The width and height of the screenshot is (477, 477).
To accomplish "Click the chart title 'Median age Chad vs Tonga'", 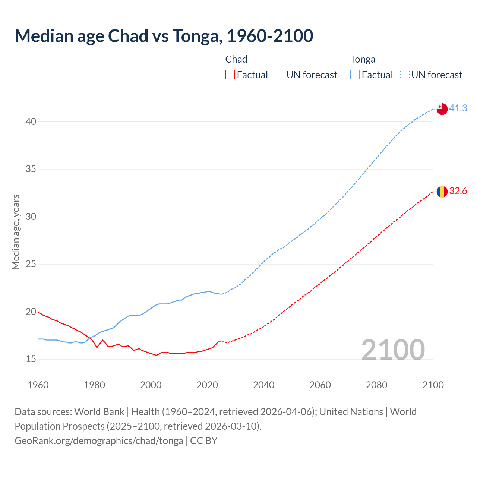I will (164, 36).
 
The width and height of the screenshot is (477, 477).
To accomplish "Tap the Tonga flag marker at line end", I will (442, 109).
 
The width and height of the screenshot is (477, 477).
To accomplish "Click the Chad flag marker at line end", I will (442, 192).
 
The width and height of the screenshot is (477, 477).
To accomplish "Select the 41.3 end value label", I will (458, 108).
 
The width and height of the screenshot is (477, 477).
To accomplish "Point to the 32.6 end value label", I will (458, 191).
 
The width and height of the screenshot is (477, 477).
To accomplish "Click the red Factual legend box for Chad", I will (230, 75).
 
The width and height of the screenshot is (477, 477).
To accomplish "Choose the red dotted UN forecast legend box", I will (279, 75).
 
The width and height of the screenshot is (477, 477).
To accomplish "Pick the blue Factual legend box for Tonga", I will (355, 75).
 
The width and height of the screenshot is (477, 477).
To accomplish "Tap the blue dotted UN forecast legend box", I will (404, 75).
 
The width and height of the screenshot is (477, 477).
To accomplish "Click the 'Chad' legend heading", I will (236, 59).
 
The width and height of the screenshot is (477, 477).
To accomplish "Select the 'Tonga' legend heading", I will (363, 59).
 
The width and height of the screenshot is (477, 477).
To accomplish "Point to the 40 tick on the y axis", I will (31, 122).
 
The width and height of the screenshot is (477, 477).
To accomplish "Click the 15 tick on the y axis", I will (31, 359).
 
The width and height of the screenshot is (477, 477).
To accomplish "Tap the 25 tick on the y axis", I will (31, 264).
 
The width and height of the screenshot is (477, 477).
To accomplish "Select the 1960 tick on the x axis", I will (38, 385).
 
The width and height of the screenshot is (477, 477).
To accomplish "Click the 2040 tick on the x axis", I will (263, 385).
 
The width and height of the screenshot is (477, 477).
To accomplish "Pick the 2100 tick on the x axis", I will (433, 385).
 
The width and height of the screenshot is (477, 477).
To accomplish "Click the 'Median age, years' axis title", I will (16, 232).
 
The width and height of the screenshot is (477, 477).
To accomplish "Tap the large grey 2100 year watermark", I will (393, 350).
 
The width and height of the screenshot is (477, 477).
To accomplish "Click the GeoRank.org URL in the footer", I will (99, 441).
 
